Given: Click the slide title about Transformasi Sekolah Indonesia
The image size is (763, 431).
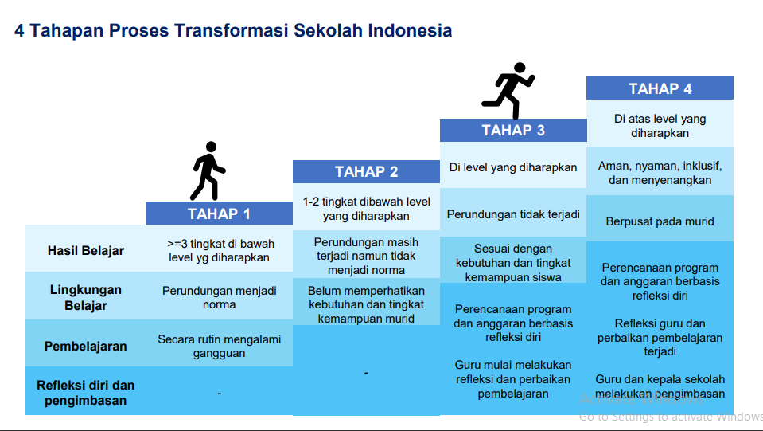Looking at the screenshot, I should tap(233, 31).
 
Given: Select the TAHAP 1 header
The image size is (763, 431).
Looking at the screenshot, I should tap(219, 214).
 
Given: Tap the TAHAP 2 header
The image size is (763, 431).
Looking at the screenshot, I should tap(366, 172).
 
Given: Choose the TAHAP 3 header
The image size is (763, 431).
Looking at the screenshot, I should tap(513, 131).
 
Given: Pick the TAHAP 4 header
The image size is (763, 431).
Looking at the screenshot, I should tap(660, 88).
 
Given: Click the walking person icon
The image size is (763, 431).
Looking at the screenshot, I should tap(208, 170).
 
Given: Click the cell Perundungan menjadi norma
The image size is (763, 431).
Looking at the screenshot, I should tap(219, 297).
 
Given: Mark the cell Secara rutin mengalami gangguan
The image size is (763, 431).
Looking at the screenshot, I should tap(219, 346).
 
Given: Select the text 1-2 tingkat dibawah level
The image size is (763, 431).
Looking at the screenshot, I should tap(366, 202).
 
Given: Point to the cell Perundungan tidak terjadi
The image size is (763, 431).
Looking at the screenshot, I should tap(513, 214).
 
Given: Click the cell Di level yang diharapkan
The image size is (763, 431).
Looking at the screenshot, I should tap(513, 167).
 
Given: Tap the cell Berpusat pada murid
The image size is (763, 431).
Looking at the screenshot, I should tap(660, 221).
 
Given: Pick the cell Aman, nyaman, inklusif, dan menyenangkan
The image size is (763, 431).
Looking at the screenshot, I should tap(660, 173).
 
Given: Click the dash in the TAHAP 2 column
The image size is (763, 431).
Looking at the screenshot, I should tap(366, 373).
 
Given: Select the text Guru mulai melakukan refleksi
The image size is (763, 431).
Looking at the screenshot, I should tap(513, 372).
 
